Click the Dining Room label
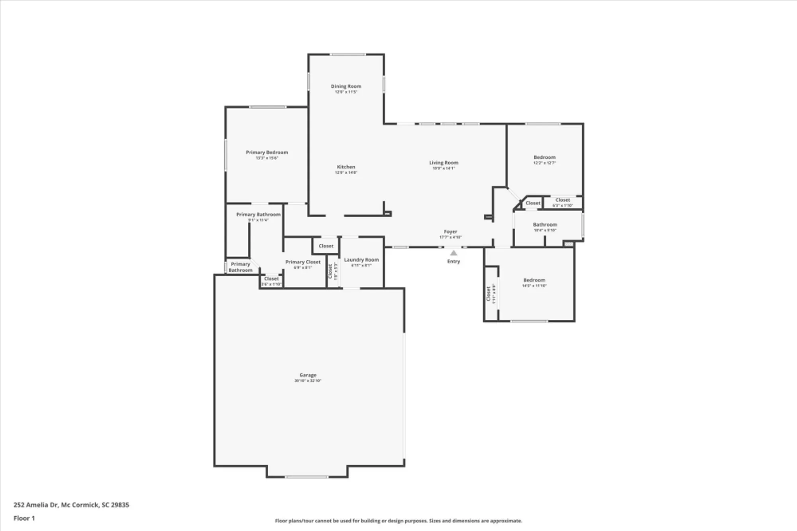tap(346, 87)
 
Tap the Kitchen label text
tap(346, 167)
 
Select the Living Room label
tap(444, 163)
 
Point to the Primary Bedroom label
tap(267, 152)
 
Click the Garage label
tap(308, 375)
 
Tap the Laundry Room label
tap(361, 260)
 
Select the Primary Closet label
tap(303, 262)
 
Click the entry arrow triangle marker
tap(453, 253)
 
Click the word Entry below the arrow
tap(453, 262)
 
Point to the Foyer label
tap(450, 232)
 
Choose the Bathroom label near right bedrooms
tap(545, 225)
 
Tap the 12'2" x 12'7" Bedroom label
tap(544, 157)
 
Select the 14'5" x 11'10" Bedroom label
tap(534, 280)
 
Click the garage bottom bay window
tap(306, 477)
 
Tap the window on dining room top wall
tap(347, 55)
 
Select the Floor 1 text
tap(24, 518)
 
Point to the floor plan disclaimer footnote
tap(398, 521)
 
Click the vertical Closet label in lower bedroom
tap(489, 294)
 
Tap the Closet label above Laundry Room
tap(326, 246)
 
